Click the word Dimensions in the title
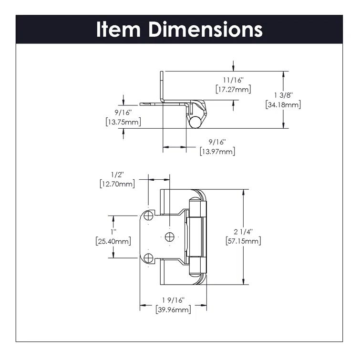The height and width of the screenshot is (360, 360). (206, 29)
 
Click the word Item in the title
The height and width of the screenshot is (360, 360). (119, 29)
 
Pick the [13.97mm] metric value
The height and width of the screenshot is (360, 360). (217, 152)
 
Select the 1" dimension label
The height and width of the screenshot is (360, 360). (113, 232)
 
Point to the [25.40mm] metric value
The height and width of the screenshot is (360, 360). (113, 241)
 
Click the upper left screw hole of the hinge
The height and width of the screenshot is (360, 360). (148, 216)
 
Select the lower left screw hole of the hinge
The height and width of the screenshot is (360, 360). (148, 258)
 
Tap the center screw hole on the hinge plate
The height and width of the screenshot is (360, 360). (169, 237)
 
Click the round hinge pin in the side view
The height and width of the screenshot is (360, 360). (194, 122)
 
